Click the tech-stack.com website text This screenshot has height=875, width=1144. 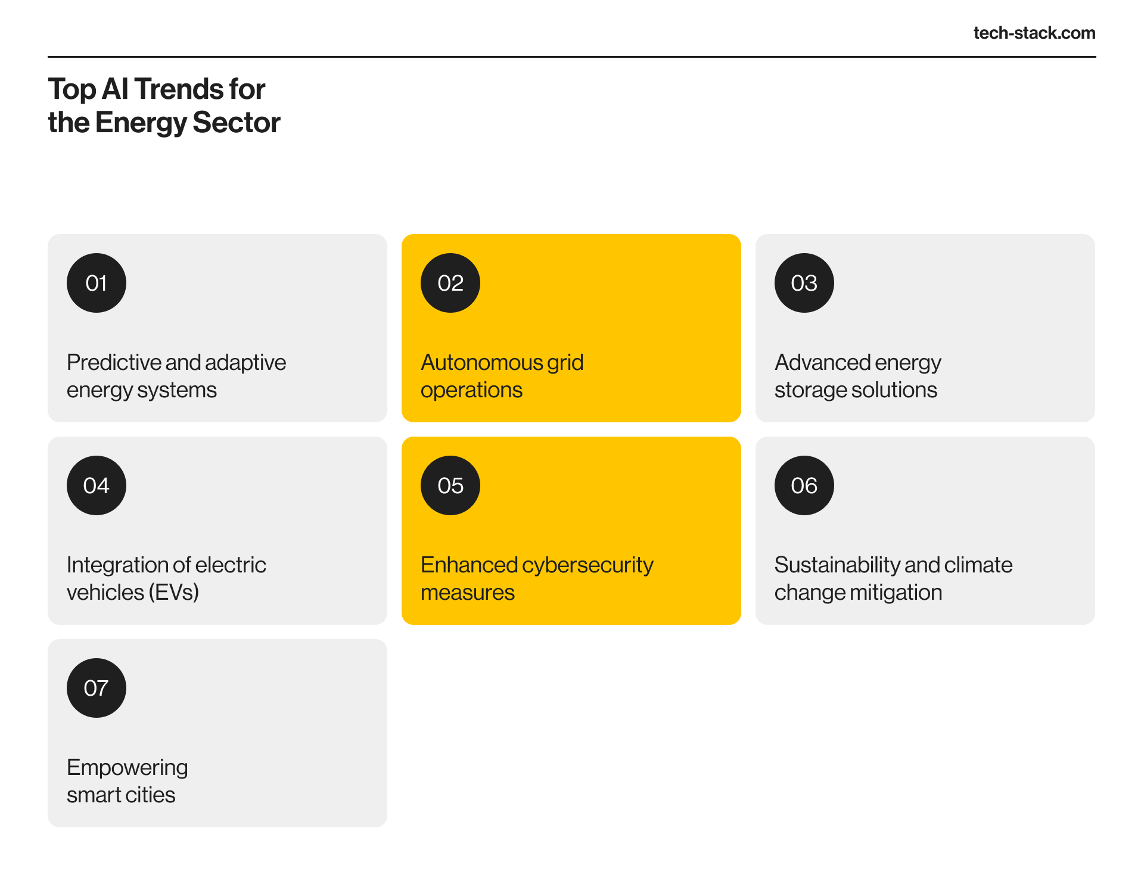[1034, 33]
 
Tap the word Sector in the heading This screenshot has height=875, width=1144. [237, 123]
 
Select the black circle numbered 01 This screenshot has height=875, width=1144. [97, 283]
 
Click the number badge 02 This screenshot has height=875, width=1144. [450, 283]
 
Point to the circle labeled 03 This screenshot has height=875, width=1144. [804, 283]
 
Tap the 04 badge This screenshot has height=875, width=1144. [97, 485]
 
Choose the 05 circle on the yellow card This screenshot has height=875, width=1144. [450, 485]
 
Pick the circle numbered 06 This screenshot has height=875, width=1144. [804, 485]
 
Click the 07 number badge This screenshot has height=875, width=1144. [97, 688]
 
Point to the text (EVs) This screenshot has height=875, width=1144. [174, 593]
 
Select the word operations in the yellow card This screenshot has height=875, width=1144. [471, 391]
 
